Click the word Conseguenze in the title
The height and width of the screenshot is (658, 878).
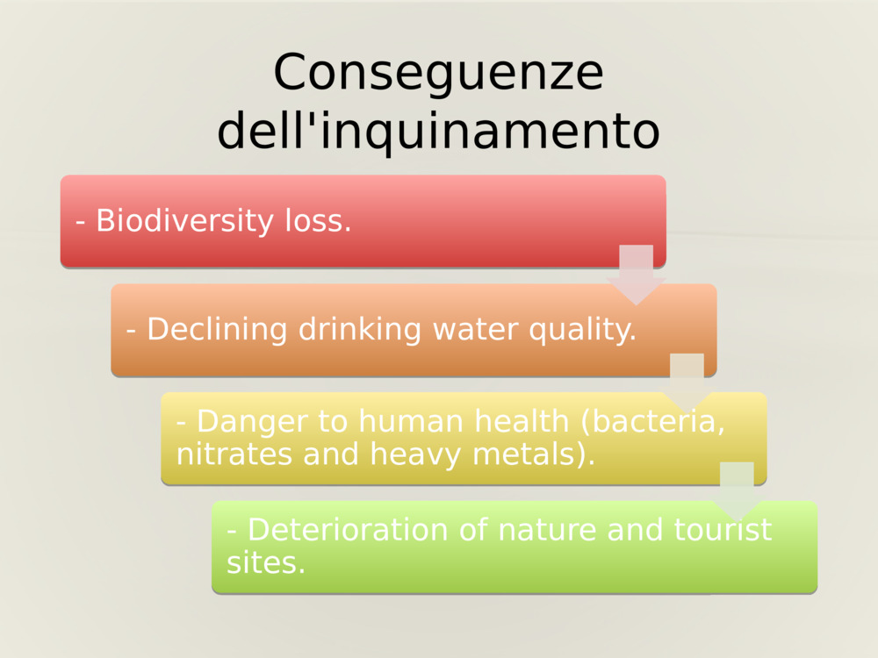[x=438, y=73]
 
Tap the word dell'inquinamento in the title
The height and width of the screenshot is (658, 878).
[x=438, y=132]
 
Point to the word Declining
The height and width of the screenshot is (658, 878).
[x=217, y=330]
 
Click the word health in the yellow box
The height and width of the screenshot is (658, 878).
[x=522, y=422]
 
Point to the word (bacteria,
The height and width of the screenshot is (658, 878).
[x=653, y=422]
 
